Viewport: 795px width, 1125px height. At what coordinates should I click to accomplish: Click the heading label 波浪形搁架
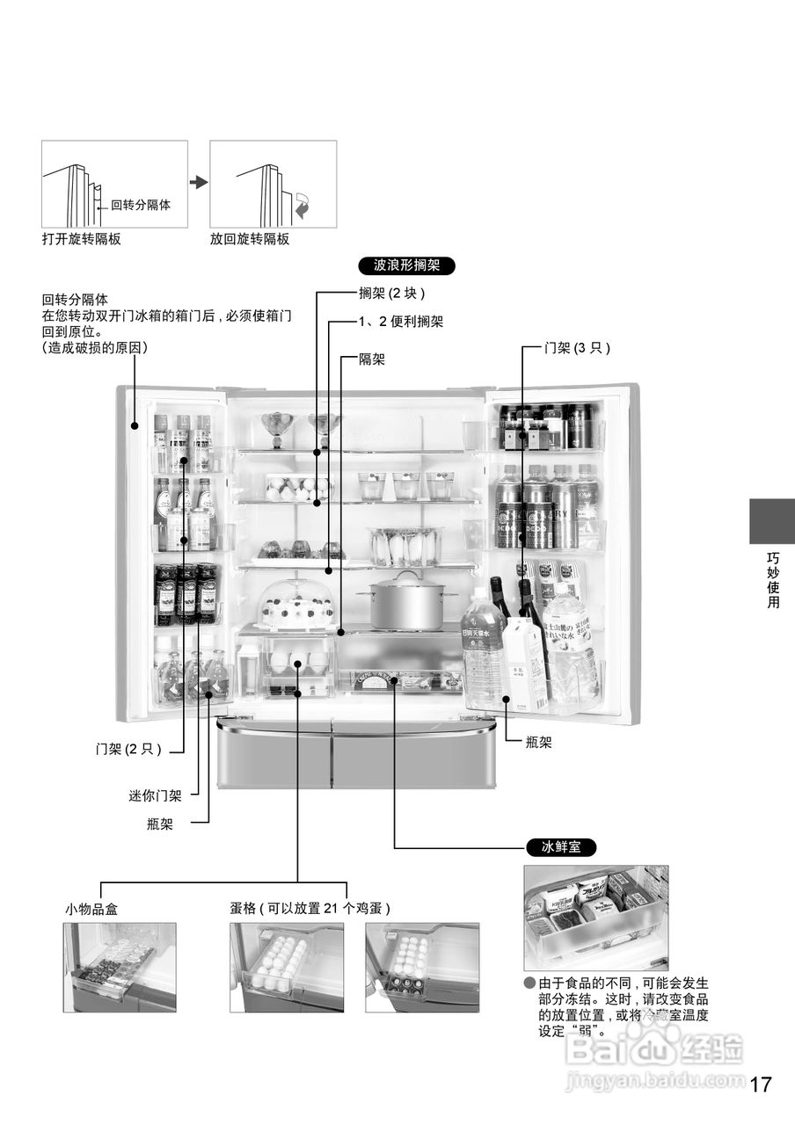coord(407,265)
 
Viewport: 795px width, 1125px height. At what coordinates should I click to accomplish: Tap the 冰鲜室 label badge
coord(561,848)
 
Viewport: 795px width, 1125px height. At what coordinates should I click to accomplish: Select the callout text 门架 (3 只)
coord(577,348)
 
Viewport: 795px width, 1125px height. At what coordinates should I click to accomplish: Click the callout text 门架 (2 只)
coord(128,750)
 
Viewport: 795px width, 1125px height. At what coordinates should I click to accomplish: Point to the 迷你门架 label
coord(156,796)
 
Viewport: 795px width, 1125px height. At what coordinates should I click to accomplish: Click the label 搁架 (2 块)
coord(392,294)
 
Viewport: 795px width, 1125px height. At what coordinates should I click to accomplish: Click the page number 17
coord(761,1084)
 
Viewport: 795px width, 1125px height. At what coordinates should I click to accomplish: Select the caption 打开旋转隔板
coord(81,239)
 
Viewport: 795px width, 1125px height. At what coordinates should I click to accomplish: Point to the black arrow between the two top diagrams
coord(199,182)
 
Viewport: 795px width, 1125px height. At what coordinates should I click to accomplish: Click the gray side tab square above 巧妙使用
coord(771,521)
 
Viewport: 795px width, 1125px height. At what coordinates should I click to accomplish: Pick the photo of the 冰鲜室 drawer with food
coord(595,917)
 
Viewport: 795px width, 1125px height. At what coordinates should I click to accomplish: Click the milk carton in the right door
coord(526,663)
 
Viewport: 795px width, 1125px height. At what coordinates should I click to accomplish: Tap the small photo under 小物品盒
coord(120,967)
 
